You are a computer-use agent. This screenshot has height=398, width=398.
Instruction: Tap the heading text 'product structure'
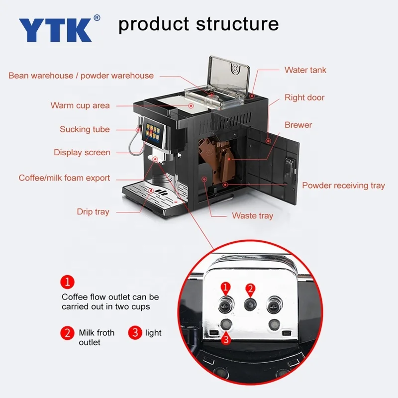199,23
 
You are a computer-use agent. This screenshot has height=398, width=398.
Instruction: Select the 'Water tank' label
305,70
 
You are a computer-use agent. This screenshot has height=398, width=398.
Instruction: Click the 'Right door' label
304,98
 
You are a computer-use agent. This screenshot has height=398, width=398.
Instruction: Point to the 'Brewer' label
298,125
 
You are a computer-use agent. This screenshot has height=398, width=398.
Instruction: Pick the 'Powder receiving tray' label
343,186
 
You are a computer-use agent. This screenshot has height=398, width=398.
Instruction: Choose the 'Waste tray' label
252,216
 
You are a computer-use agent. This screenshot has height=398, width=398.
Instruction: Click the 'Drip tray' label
93,212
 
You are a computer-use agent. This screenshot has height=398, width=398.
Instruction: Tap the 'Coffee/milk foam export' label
65,178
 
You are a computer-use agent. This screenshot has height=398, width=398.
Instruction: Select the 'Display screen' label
82,153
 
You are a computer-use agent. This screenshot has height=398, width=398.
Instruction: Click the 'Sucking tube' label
85,129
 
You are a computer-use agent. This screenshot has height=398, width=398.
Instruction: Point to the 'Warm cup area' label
80,105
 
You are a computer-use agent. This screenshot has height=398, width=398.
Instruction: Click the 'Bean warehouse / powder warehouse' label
81,76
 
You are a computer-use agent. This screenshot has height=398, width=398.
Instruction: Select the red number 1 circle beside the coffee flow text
67,283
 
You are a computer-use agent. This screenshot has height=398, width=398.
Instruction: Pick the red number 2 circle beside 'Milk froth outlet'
67,333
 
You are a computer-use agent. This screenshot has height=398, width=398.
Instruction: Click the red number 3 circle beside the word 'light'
135,333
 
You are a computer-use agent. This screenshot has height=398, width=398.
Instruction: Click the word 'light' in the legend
153,333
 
